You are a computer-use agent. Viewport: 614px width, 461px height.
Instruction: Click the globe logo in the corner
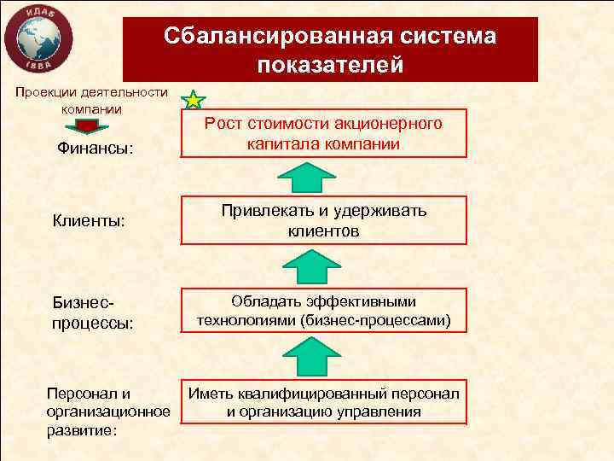click(x=36, y=38)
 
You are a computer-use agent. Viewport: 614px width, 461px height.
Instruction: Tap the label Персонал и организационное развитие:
click(x=107, y=411)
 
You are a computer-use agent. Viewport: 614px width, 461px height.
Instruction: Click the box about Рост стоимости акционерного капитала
click(x=323, y=134)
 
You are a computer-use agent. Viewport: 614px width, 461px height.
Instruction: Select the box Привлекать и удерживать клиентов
click(x=323, y=221)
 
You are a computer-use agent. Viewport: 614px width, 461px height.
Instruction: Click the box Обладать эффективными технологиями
click(x=323, y=312)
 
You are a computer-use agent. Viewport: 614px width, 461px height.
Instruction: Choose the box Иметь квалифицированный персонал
click(x=323, y=402)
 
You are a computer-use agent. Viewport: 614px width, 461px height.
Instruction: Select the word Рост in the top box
click(x=224, y=125)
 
